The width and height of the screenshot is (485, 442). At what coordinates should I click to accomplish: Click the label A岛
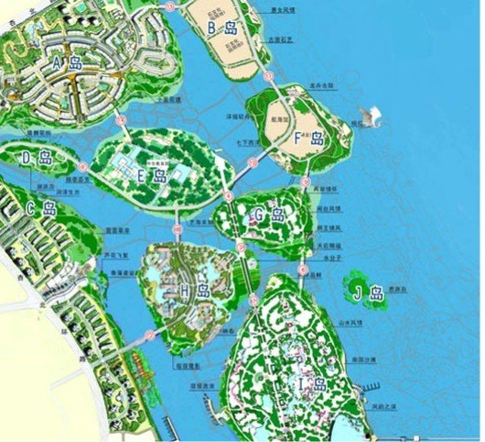[x=68, y=63]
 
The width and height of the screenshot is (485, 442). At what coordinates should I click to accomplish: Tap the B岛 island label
[x=224, y=28]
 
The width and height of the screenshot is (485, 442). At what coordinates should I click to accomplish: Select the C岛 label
[x=42, y=209]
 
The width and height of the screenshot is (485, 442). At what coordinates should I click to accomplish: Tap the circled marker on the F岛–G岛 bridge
[x=305, y=182]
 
